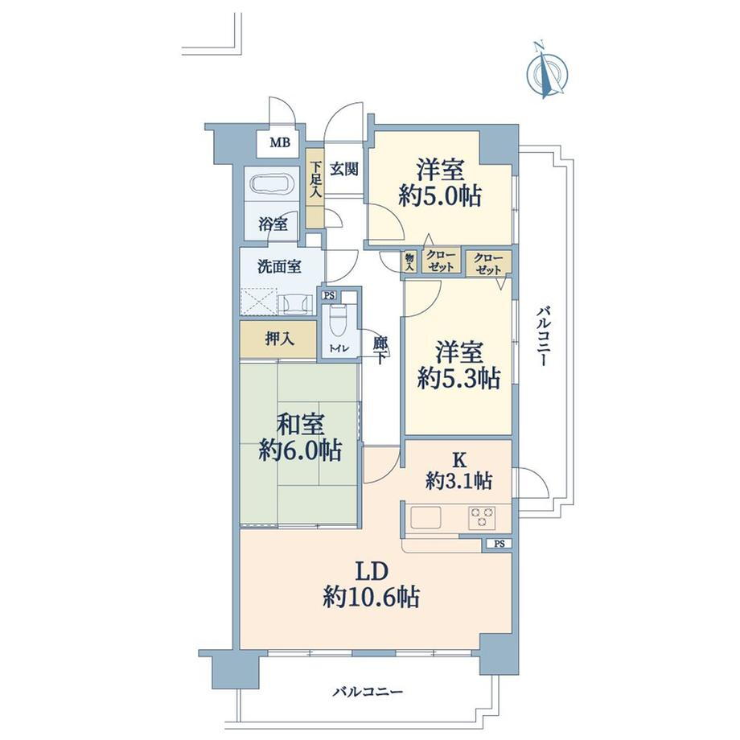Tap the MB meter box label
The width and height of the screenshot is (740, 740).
pyautogui.click(x=280, y=142)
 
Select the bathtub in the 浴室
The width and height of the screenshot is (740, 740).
pyautogui.click(x=273, y=183)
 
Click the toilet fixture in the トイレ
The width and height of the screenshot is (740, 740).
pyautogui.click(x=336, y=322)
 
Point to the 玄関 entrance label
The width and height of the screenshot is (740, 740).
pyautogui.click(x=343, y=168)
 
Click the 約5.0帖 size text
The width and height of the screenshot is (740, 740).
pyautogui.click(x=440, y=195)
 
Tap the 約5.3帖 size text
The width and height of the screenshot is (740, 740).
pyautogui.click(x=458, y=378)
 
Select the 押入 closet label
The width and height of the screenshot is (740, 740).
pyautogui.click(x=280, y=339)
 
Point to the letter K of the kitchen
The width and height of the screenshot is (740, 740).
pyautogui.click(x=458, y=458)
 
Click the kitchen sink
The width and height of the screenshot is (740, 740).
pyautogui.click(x=425, y=518)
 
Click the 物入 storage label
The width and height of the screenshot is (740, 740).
pyautogui.click(x=409, y=261)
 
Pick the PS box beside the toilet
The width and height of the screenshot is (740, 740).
pyautogui.click(x=329, y=295)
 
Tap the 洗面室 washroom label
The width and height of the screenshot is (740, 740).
pyautogui.click(x=279, y=267)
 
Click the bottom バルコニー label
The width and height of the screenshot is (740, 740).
pyautogui.click(x=368, y=693)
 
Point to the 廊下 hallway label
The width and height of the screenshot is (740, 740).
pyautogui.click(x=380, y=350)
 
